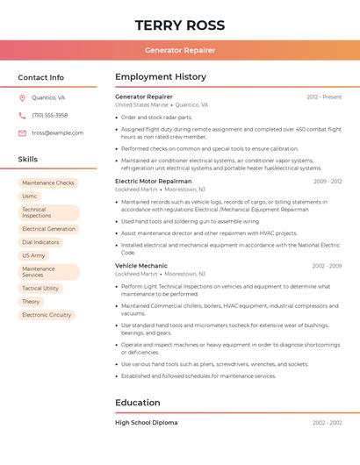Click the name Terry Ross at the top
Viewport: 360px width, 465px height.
pos(180,25)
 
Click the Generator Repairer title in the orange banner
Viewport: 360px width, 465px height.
pos(180,50)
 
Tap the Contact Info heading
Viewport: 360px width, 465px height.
pos(41,77)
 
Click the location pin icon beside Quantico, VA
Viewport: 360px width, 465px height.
pos(22,98)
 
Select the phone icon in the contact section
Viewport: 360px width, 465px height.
pos(22,116)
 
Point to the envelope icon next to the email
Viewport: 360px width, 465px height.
pos(22,133)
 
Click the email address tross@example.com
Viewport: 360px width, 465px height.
pos(58,133)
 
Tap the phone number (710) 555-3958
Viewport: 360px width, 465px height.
pos(50,116)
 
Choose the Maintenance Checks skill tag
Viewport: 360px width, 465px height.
pos(48,183)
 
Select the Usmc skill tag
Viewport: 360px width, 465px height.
pos(30,197)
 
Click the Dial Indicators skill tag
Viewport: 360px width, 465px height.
pos(40,242)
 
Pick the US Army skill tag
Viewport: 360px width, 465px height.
pos(33,255)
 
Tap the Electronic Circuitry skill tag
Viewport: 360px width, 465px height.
pos(47,315)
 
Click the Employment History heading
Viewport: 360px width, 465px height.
pos(161,77)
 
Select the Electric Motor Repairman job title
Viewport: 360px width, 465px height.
pos(154,182)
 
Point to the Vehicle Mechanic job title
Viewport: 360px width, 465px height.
pos(141,266)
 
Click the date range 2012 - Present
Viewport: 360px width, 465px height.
pos(324,97)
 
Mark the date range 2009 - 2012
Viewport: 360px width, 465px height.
pos(328,182)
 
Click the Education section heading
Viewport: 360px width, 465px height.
pos(138,403)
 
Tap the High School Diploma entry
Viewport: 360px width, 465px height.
pos(147,423)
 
